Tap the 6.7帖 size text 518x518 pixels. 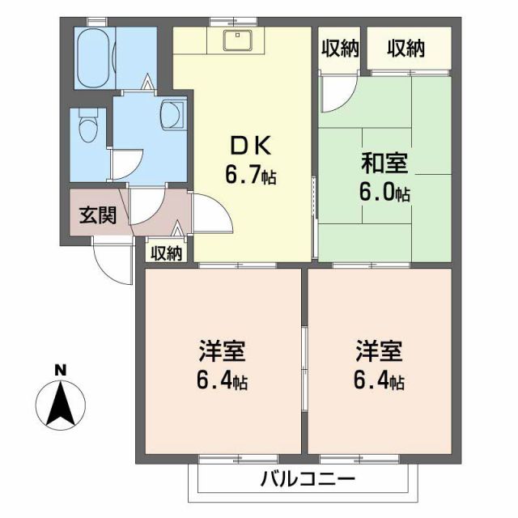pos(251,174)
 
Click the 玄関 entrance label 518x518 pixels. pos(96,215)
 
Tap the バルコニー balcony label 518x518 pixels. pos(308,478)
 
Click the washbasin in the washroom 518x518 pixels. pos(172,113)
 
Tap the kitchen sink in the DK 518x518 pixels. pos(240,40)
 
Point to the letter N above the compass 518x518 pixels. pos(60,371)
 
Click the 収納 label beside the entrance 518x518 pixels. pos(166,253)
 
